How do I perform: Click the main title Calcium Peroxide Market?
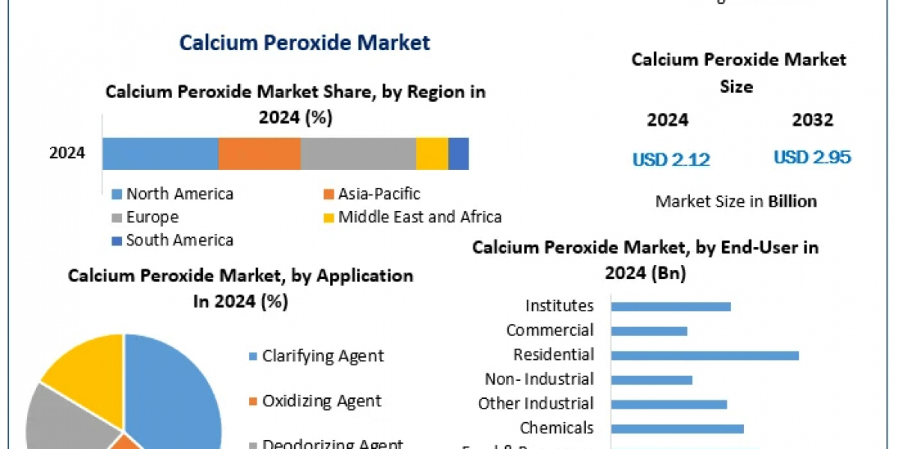point(305,42)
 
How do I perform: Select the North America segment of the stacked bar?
point(160,153)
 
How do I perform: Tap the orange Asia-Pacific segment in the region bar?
point(259,153)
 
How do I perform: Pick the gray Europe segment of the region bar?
point(358,153)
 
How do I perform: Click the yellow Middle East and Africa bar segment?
point(432,153)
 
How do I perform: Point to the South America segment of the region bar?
point(459,153)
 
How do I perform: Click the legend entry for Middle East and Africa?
point(419,217)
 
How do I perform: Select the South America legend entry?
point(180,240)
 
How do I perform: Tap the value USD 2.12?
point(671,159)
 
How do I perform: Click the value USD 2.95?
point(812,157)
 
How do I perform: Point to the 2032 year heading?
point(813,120)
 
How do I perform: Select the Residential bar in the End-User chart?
point(705,355)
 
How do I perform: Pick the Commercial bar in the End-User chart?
point(649,331)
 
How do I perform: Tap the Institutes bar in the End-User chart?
point(671,306)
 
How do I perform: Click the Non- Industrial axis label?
point(539,379)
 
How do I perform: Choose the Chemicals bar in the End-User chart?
point(677,429)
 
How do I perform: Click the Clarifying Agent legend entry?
point(323,355)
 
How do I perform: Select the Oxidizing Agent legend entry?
point(321,401)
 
